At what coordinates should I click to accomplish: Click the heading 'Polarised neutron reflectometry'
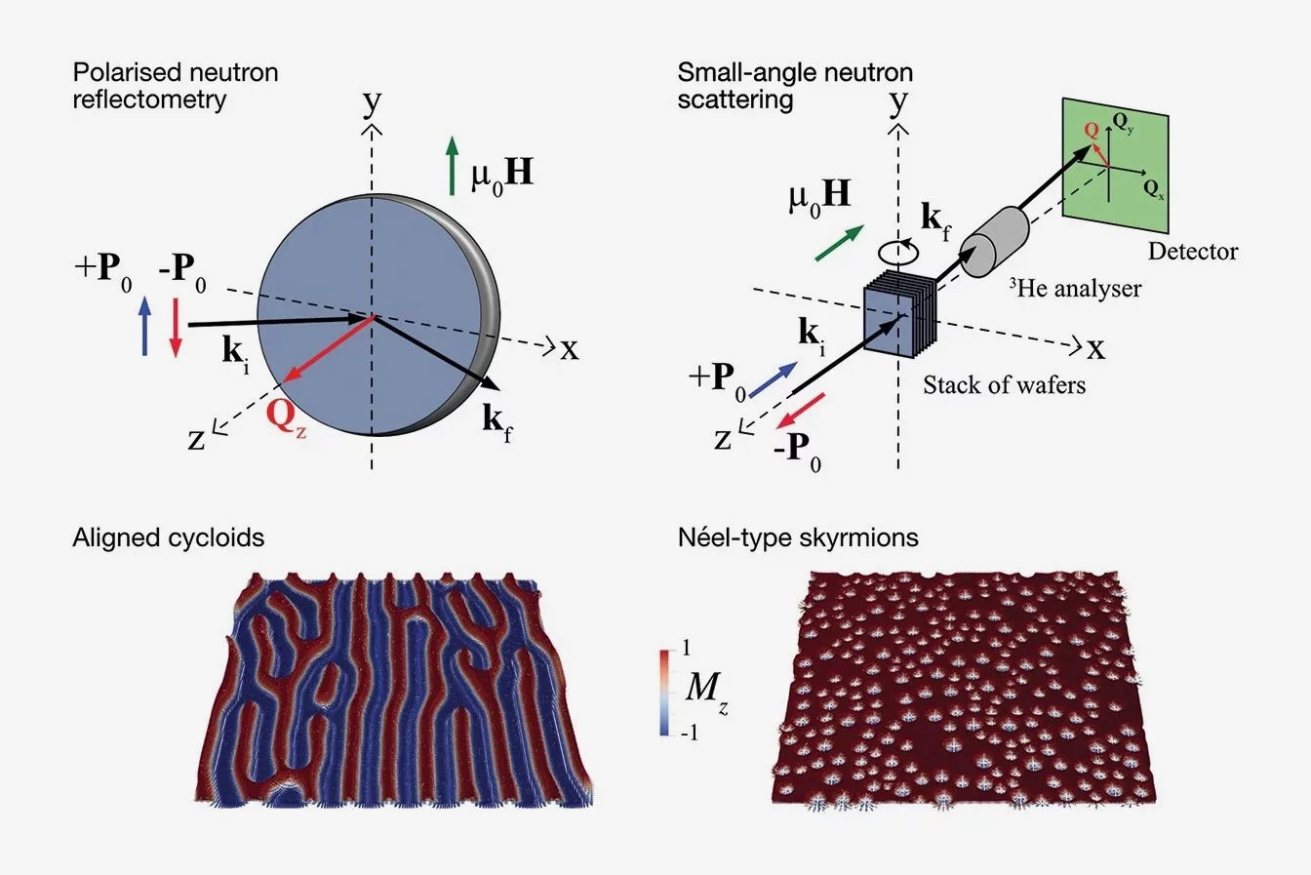(176, 85)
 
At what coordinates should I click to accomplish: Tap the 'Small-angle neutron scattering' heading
(795, 85)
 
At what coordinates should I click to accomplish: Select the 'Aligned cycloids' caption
(168, 537)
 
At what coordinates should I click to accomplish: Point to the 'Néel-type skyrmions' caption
(797, 537)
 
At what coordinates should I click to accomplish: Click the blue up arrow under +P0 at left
(145, 326)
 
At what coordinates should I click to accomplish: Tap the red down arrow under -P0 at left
(176, 326)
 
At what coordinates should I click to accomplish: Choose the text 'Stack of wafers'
(1004, 384)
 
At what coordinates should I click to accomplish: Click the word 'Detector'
(1192, 252)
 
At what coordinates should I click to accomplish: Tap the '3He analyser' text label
(1074, 288)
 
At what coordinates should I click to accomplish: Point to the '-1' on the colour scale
(691, 733)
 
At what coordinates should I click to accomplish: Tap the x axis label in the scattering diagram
(1095, 347)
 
